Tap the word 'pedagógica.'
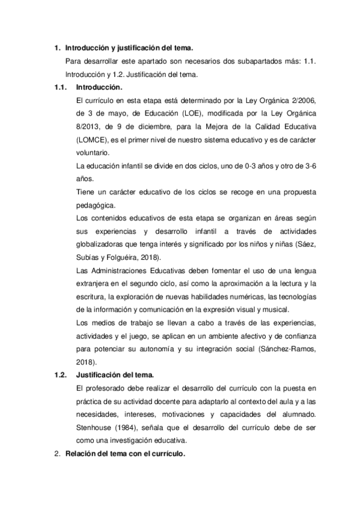[97, 205]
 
